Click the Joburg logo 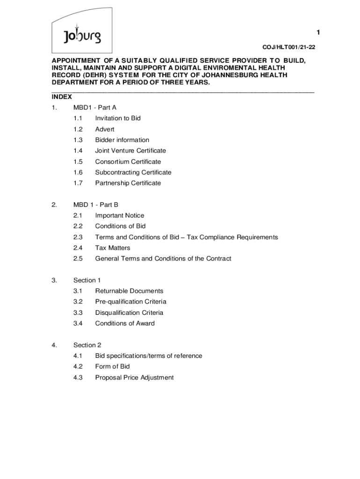82,35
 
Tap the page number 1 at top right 318,32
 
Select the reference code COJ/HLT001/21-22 285,47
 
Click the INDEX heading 62,97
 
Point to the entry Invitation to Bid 118,118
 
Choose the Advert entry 105,129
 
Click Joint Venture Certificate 130,151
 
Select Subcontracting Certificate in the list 133,172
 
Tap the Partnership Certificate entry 128,183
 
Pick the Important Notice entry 120,216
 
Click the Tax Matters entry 113,248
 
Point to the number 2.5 78,259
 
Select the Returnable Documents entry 129,291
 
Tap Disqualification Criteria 129,312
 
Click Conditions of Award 125,323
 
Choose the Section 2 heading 87,345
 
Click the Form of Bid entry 113,367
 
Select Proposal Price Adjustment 134,377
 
